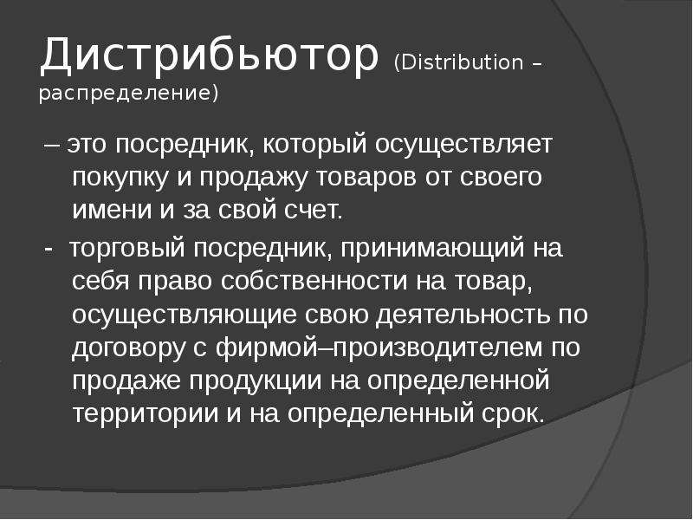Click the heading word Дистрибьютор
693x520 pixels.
(210, 55)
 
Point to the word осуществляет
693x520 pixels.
(463, 145)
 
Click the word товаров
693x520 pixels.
(366, 178)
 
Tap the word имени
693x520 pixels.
(112, 210)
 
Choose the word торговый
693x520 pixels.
(126, 249)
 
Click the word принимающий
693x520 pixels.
(432, 249)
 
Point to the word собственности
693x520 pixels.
(314, 281)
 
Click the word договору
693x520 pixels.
(128, 348)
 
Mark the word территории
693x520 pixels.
(145, 414)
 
